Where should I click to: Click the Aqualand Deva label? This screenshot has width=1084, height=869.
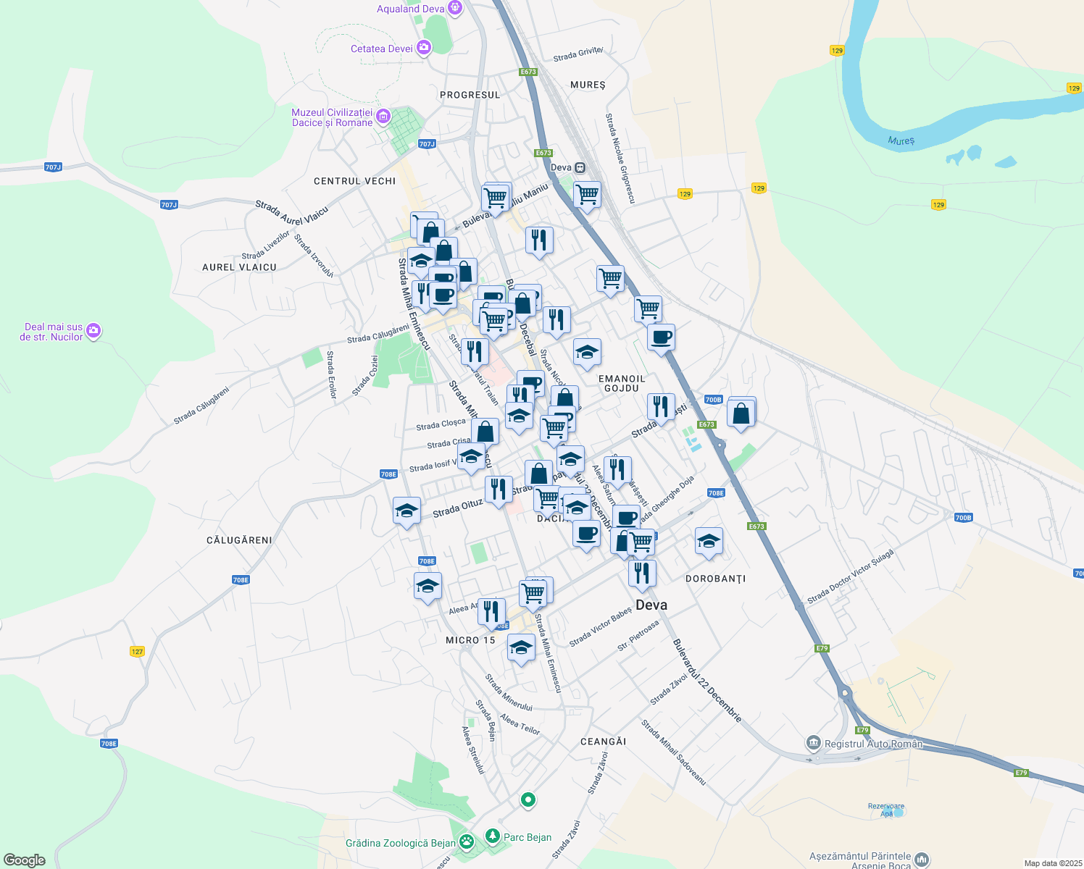click(x=410, y=9)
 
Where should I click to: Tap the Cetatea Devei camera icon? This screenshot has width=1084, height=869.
click(x=423, y=49)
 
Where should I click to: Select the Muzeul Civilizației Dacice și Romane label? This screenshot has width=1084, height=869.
click(x=332, y=117)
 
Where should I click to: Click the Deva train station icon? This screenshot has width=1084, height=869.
click(x=580, y=167)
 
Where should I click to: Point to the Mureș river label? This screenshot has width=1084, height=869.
click(x=901, y=140)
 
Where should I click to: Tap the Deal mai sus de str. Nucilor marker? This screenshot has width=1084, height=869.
click(x=93, y=332)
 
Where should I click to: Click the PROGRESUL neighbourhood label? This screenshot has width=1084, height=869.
click(x=470, y=95)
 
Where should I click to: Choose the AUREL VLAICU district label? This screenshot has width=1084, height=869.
click(x=239, y=267)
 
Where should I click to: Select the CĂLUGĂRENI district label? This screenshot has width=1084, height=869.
click(x=239, y=540)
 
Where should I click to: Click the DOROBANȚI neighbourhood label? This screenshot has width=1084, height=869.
click(x=715, y=579)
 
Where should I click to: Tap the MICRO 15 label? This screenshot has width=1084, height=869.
click(x=470, y=640)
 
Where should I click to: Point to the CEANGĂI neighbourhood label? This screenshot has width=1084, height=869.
click(x=603, y=742)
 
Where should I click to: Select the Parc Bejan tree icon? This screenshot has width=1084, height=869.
click(x=493, y=837)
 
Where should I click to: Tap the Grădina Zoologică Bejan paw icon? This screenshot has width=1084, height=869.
click(x=467, y=842)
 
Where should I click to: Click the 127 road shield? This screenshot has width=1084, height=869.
click(x=137, y=651)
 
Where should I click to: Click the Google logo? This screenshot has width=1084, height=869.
click(x=24, y=860)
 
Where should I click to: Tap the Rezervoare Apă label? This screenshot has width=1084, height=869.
click(x=886, y=810)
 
